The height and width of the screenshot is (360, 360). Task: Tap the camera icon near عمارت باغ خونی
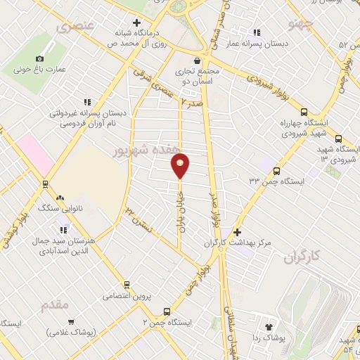pos(39,58)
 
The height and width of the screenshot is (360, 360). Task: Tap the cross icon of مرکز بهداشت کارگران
pos(237,232)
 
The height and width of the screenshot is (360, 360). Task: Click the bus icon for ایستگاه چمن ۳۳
pos(276,171)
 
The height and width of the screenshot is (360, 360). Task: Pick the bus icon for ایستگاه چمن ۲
pos(167,311)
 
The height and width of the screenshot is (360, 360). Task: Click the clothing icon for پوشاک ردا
pos(268,326)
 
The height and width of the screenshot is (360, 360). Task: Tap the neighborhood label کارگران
pos(302,258)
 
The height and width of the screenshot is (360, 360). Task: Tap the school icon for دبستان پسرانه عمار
pos(257,32)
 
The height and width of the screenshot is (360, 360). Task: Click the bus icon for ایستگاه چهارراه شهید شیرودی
pos(304,112)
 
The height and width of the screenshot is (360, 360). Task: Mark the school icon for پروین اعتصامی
pos(127,285)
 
